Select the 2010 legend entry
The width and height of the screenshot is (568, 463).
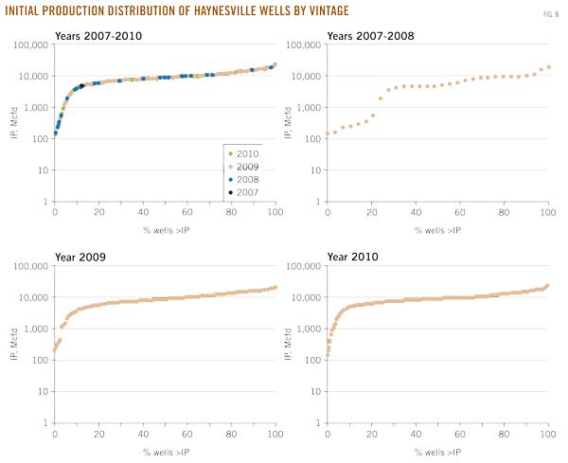tap(247, 153)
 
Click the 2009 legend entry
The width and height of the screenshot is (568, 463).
tap(247, 166)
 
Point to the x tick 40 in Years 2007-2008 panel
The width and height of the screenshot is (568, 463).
tap(416, 212)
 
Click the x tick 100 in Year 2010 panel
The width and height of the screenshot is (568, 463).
tap(547, 434)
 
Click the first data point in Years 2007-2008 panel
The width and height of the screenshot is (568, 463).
tap(328, 134)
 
